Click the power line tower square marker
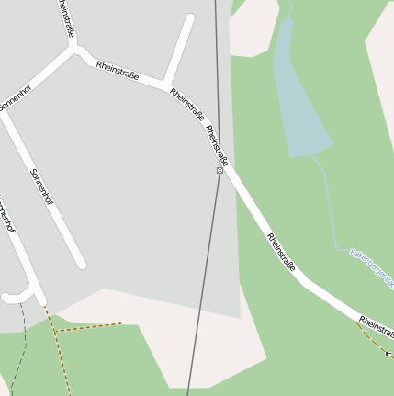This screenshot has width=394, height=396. click(x=220, y=170)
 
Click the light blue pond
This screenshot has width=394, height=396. click(x=298, y=101)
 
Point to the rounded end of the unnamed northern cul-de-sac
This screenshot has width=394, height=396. click(x=190, y=17)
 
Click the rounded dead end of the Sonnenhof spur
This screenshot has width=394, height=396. click(x=81, y=264)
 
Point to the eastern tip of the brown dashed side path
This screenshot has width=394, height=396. click(x=120, y=323)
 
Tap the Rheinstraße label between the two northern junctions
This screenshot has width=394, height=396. click(x=118, y=70)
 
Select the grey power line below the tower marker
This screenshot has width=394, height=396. click(x=203, y=285)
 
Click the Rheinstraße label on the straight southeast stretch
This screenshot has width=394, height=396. click(x=281, y=253)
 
